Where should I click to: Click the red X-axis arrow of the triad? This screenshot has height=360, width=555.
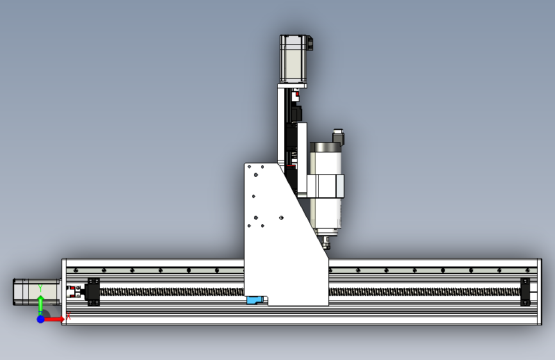(x=57, y=318)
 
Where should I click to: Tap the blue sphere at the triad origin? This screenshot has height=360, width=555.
(x=40, y=318)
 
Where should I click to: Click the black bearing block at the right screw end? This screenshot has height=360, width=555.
(x=526, y=291)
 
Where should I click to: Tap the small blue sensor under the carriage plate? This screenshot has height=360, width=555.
(x=255, y=300)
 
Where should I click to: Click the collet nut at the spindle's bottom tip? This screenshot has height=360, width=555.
(x=326, y=242)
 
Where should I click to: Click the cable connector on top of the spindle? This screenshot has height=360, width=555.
(x=337, y=137)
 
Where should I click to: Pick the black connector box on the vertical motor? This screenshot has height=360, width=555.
(x=310, y=44)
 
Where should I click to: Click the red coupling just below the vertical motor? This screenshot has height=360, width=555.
(x=296, y=95)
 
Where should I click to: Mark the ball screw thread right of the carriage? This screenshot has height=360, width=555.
(x=422, y=291)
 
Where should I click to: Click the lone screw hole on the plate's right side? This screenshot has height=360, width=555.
(x=281, y=218)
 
